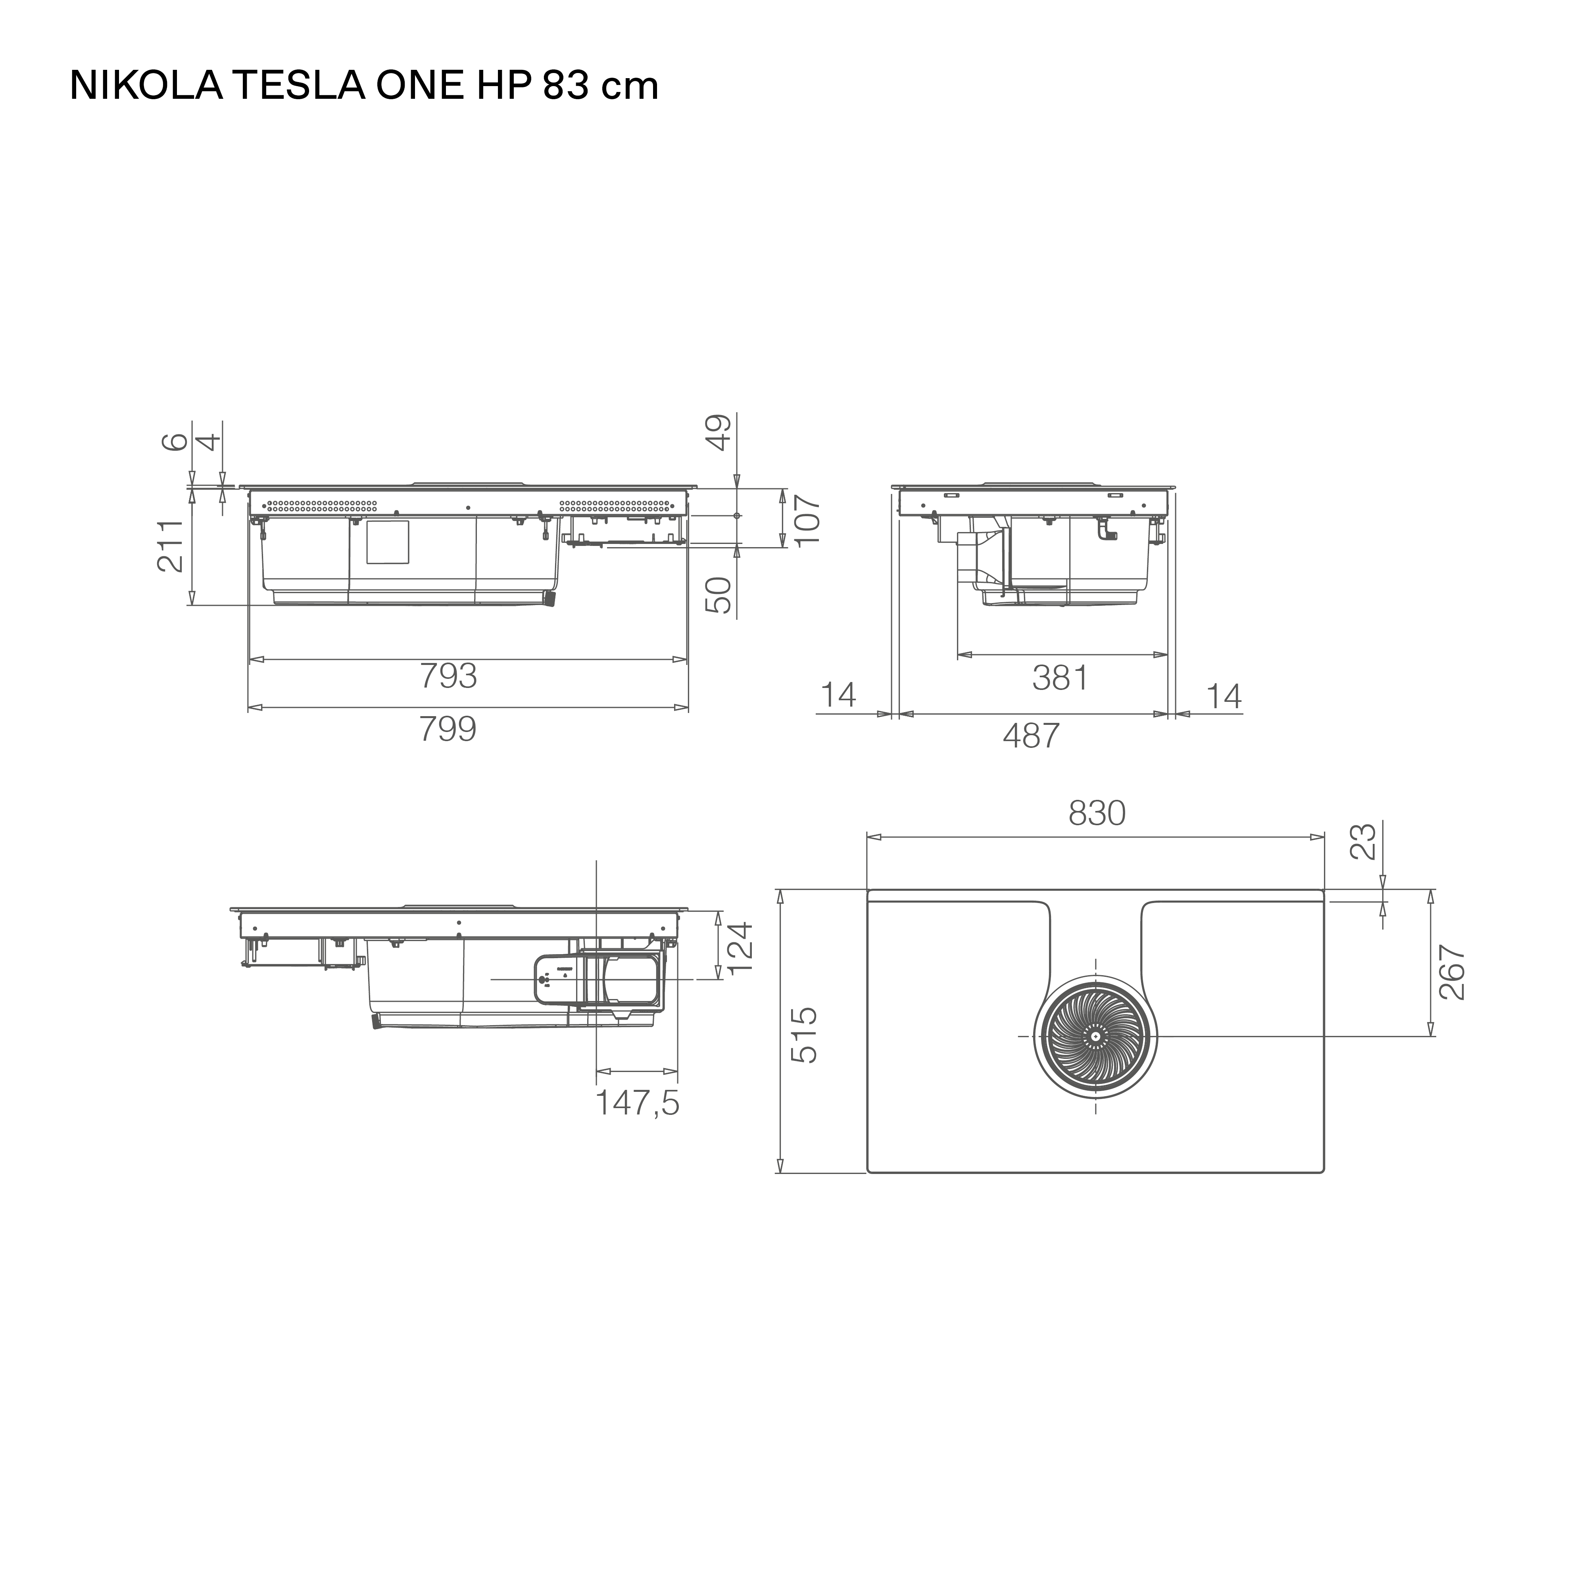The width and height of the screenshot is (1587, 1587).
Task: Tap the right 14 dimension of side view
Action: click(x=1224, y=697)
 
